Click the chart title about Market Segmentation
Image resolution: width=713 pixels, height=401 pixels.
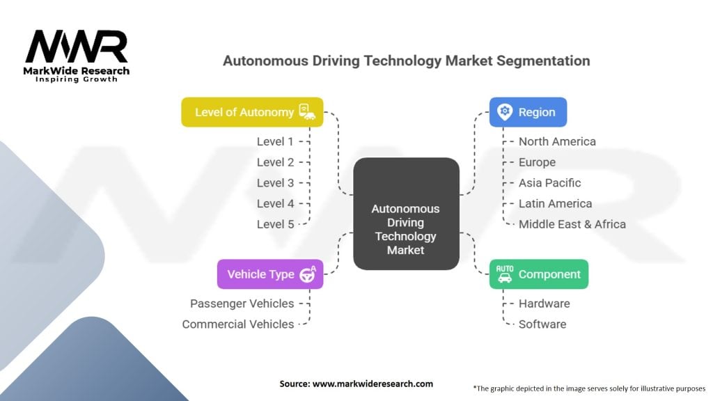406,61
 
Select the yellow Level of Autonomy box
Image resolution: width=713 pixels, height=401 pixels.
252,112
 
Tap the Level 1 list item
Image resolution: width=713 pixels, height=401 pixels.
275,141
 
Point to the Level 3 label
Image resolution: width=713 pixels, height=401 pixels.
275,183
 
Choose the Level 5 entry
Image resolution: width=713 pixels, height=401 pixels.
275,224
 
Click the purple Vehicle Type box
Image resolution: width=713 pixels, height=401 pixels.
269,274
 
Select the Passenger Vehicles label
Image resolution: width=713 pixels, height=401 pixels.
242,304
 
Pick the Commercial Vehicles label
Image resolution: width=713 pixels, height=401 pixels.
237,324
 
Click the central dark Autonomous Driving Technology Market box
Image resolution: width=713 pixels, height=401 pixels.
406,214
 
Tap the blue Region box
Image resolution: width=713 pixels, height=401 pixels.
528,112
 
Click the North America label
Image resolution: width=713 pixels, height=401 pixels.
557,141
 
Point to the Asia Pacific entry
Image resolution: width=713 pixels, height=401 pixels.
549,183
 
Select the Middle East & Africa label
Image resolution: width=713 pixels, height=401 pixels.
572,224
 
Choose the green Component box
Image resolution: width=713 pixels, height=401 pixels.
538,274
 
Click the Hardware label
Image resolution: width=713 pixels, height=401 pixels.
544,304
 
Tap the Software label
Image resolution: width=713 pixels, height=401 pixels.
542,324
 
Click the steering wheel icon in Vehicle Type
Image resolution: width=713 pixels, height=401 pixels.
308,274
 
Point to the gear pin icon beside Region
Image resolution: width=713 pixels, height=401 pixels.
505,112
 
